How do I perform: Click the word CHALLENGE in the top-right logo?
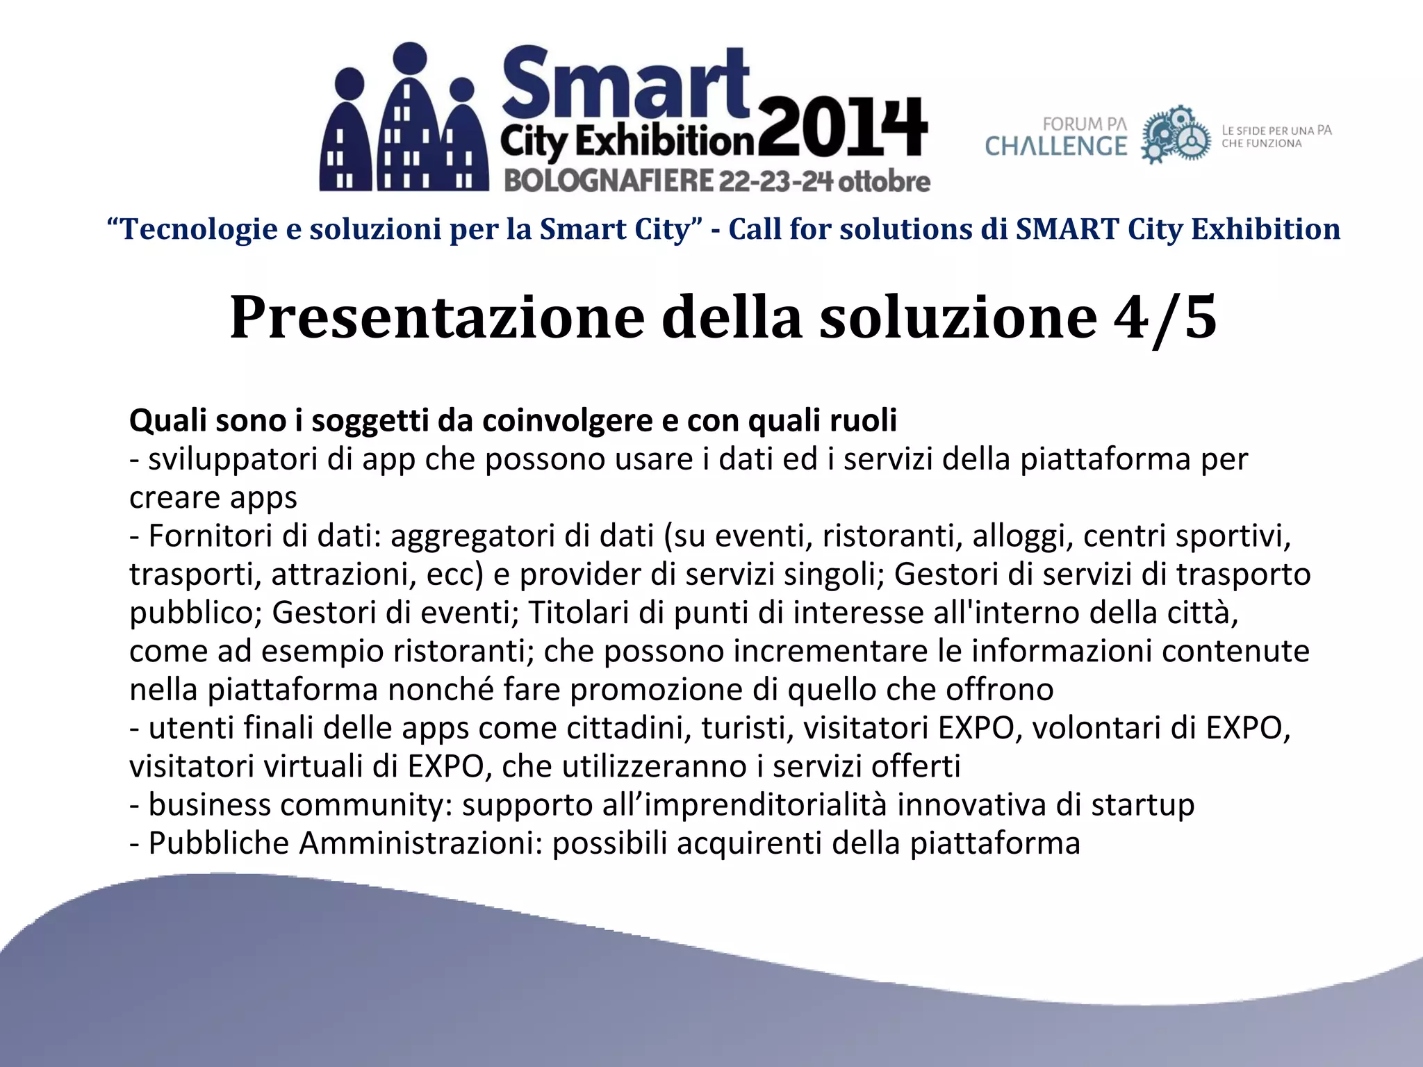click(x=1056, y=147)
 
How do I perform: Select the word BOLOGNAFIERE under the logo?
click(x=609, y=181)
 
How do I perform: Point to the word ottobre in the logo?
click(x=884, y=181)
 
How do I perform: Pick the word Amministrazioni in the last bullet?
click(x=420, y=843)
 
